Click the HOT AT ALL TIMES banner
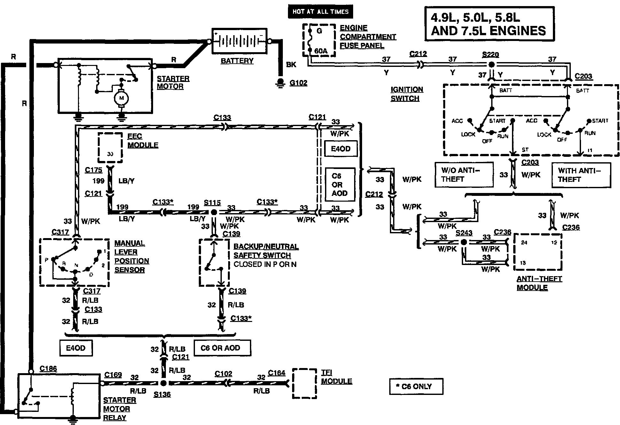320,12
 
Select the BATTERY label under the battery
237,61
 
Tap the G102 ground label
298,83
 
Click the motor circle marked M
121,98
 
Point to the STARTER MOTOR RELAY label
117,409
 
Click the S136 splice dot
163,383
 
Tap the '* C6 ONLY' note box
416,386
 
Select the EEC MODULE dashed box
110,148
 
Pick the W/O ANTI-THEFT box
464,174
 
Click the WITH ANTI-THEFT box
581,175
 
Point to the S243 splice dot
464,242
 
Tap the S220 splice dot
492,64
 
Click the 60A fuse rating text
321,51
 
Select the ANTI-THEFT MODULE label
539,283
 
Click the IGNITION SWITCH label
407,94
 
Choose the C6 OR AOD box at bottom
220,348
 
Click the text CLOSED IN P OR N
265,264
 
